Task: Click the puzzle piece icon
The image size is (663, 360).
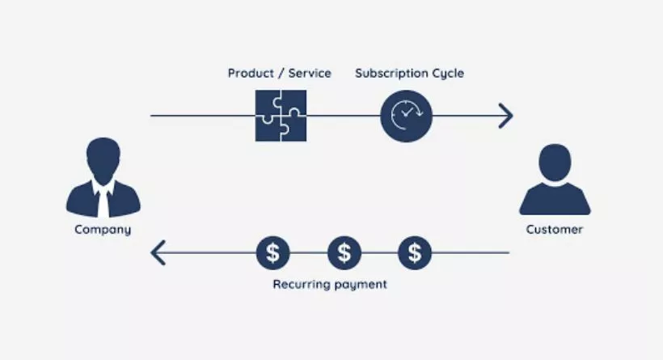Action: (281, 116)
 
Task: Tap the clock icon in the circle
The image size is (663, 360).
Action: (407, 116)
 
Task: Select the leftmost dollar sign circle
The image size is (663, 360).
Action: (272, 253)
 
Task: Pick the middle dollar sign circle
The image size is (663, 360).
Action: (344, 253)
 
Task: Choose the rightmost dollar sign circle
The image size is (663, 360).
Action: (415, 253)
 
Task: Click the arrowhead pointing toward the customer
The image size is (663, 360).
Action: (506, 116)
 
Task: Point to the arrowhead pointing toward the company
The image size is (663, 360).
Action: (158, 253)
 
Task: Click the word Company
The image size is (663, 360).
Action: (103, 230)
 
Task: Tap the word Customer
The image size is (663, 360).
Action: (555, 229)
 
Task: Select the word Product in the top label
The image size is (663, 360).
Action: (251, 73)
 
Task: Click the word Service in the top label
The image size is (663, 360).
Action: (310, 73)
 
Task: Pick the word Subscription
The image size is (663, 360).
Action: (391, 74)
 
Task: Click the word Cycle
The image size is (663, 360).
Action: (448, 74)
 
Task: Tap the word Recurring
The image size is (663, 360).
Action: (301, 284)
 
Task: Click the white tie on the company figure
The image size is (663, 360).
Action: (103, 202)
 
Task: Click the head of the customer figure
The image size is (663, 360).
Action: (555, 163)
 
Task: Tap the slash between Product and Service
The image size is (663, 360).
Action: (281, 73)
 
